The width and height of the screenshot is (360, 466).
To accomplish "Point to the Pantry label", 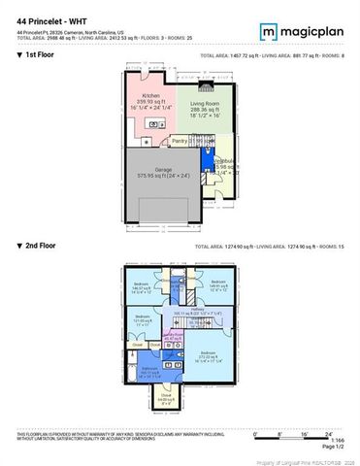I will tap(179, 141).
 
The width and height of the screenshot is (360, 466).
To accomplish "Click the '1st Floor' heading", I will tap(39, 56).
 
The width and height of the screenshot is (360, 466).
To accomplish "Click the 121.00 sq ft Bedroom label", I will tap(143, 320).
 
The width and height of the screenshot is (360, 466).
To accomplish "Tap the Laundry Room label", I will tap(173, 336).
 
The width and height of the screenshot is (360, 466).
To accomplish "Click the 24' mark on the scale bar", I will tap(329, 433).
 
